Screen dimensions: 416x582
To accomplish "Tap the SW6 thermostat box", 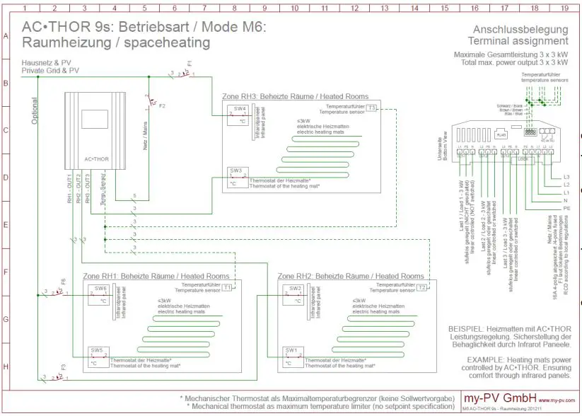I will pyautogui.click(x=98, y=294).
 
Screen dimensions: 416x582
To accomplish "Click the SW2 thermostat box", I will pyautogui.click(x=293, y=294).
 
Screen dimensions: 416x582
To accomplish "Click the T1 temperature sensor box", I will pyautogui.click(x=227, y=287).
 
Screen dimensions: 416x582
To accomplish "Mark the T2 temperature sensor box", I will pyautogui.click(x=422, y=287).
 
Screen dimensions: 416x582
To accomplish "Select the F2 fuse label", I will pyautogui.click(x=162, y=106).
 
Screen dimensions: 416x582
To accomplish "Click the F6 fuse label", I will pyautogui.click(x=63, y=282).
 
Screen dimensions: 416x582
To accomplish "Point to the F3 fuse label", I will pyautogui.click(x=63, y=367).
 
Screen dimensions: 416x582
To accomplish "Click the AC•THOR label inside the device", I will pyautogui.click(x=96, y=160).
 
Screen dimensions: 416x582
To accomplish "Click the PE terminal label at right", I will pyautogui.click(x=566, y=209).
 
